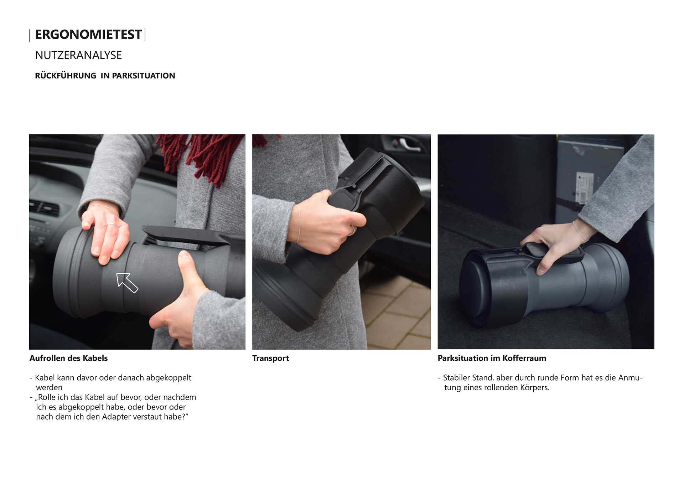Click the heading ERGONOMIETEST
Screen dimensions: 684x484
(x=88, y=35)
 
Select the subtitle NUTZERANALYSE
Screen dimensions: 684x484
(x=78, y=55)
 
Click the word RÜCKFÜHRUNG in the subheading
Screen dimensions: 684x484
(x=66, y=75)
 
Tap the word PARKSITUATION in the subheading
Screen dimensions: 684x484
(x=144, y=76)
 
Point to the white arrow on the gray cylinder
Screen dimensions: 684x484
(x=126, y=282)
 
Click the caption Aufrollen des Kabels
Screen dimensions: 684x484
(x=68, y=358)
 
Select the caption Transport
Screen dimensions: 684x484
(x=270, y=359)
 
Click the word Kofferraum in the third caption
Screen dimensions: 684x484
(x=524, y=358)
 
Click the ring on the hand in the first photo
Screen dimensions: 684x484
(x=112, y=225)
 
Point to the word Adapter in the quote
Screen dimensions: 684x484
(x=116, y=417)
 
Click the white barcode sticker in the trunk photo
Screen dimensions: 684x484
(x=585, y=188)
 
